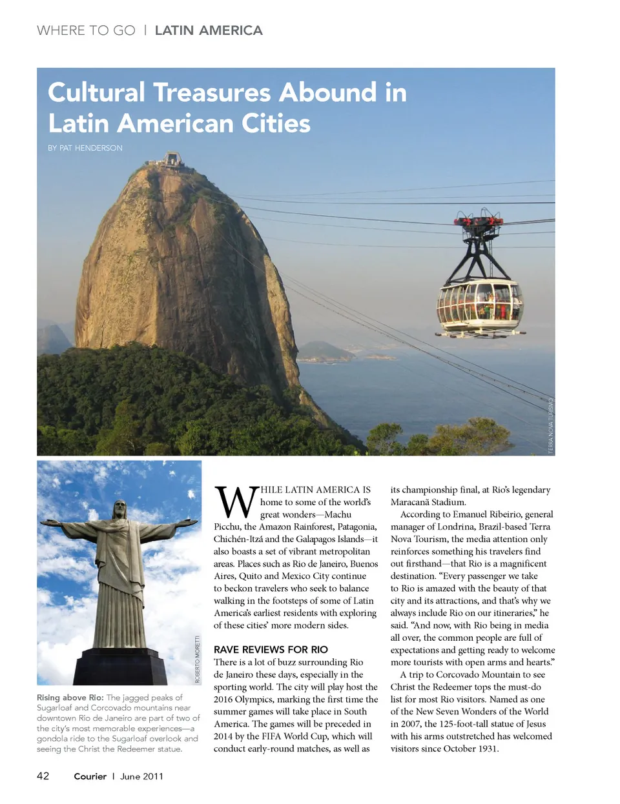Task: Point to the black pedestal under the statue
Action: tap(121, 666)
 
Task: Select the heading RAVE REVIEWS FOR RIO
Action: tap(271, 649)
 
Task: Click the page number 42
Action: tap(43, 776)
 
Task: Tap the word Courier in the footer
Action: tap(90, 776)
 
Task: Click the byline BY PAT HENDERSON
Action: tap(85, 148)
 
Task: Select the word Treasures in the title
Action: tap(212, 92)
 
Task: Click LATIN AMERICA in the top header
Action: tap(209, 30)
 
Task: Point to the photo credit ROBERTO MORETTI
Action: tap(198, 659)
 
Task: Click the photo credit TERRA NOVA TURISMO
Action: tap(551, 426)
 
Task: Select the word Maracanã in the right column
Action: tap(411, 502)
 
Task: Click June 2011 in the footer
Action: tap(141, 776)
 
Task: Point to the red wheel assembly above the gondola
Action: tap(479, 221)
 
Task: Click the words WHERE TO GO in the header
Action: tap(86, 30)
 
